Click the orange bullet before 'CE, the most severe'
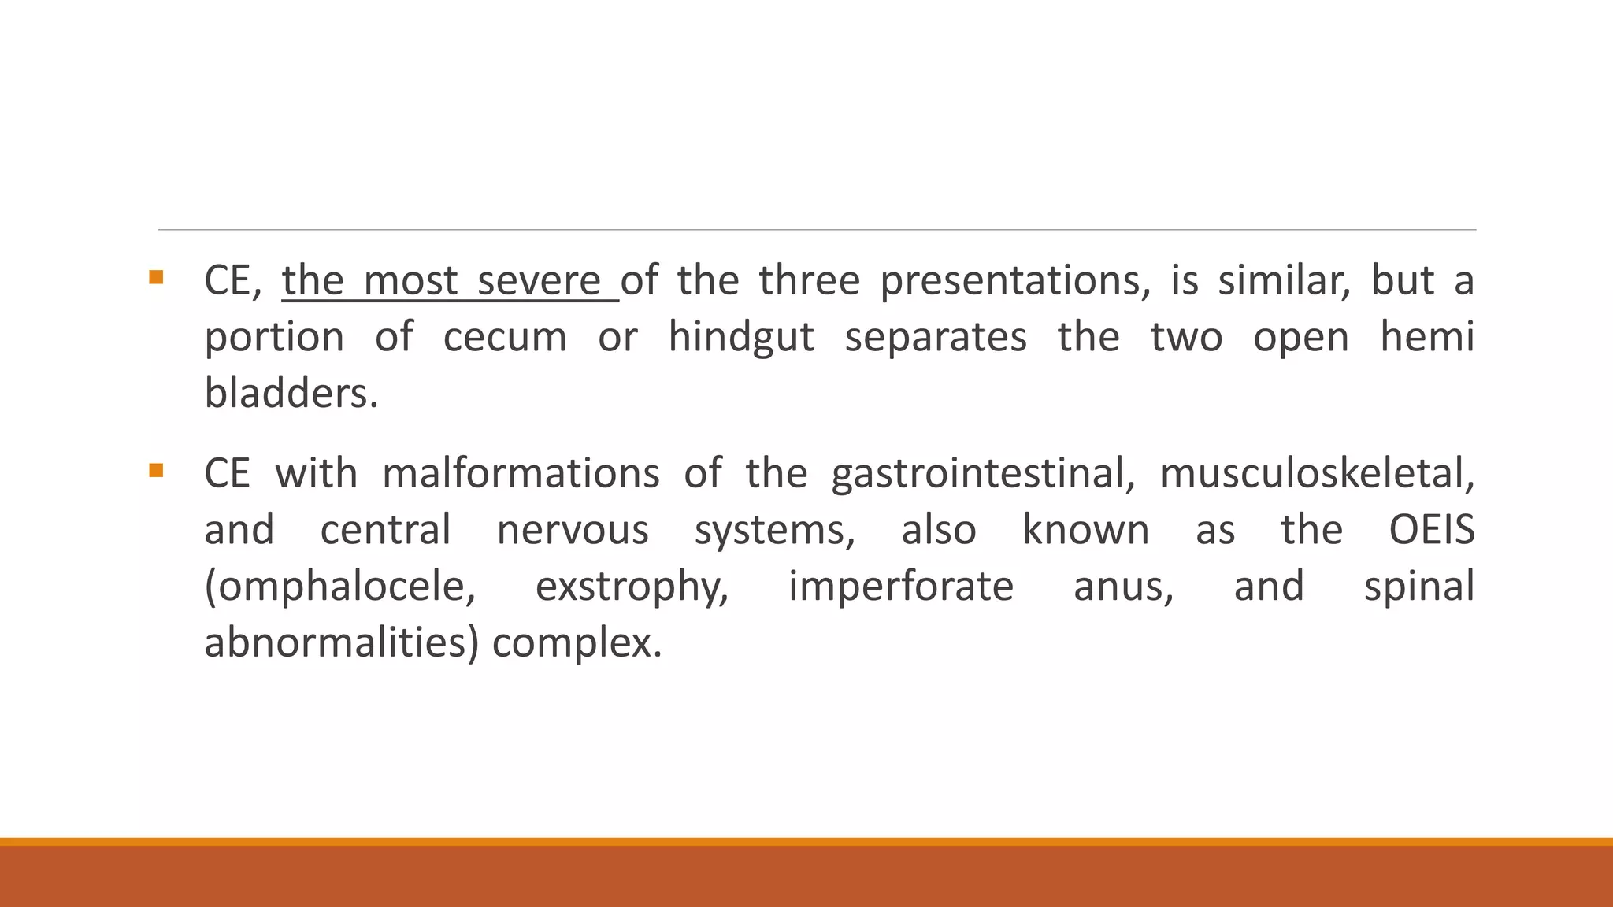tap(156, 277)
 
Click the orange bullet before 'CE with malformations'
tap(156, 471)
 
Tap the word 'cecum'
tap(505, 338)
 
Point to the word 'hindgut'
tap(740, 338)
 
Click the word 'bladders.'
tap(291, 393)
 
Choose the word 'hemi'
tap(1426, 338)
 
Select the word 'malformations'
tap(521, 474)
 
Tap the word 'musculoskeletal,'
tap(1317, 474)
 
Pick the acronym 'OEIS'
tap(1431, 530)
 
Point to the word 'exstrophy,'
tap(632, 587)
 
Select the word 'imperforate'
tap(901, 587)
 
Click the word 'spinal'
tap(1418, 587)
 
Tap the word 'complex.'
tap(577, 643)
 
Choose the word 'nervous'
tap(573, 530)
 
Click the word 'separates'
tap(936, 338)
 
